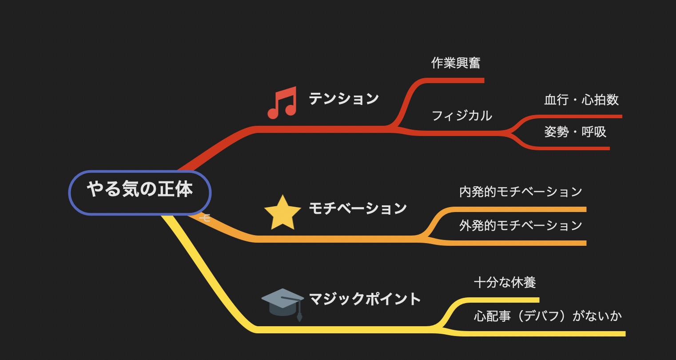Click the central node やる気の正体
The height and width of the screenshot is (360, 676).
[x=140, y=193]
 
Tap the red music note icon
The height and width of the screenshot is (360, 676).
[x=282, y=103]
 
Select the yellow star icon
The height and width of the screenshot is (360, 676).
[x=282, y=212]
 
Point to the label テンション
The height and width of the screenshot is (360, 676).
[x=344, y=99]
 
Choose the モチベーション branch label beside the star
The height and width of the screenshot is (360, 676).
[x=358, y=208]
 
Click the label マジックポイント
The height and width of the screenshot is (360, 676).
[x=365, y=299]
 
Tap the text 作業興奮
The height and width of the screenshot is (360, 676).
[x=456, y=63]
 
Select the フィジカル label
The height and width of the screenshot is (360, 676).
[x=462, y=116]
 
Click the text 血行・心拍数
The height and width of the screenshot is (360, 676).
[x=581, y=100]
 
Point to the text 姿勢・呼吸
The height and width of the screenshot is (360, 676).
[x=575, y=132]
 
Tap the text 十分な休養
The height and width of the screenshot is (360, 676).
[x=505, y=283]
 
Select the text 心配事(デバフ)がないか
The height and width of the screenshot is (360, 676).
[x=548, y=316]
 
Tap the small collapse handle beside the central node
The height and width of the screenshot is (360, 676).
[x=205, y=217]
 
